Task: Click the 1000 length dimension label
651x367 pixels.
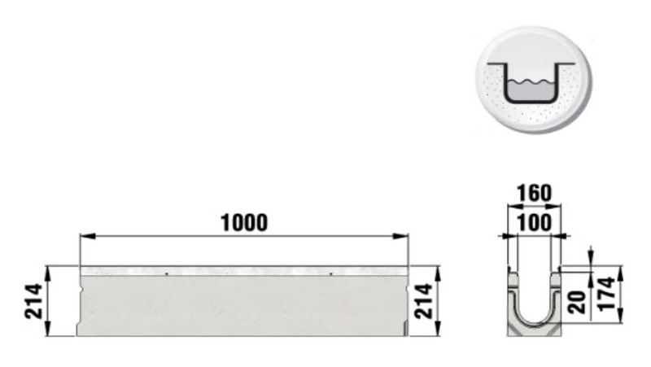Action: tap(244, 223)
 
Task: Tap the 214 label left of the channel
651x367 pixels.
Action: tap(33, 301)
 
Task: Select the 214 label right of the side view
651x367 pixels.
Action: tap(424, 301)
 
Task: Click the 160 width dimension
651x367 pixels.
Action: tap(535, 193)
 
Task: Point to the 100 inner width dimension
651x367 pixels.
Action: tap(535, 222)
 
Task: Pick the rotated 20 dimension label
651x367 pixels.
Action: tap(577, 302)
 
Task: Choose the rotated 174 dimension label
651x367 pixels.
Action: tap(606, 294)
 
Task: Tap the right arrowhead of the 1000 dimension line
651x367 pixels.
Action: tap(400, 236)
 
